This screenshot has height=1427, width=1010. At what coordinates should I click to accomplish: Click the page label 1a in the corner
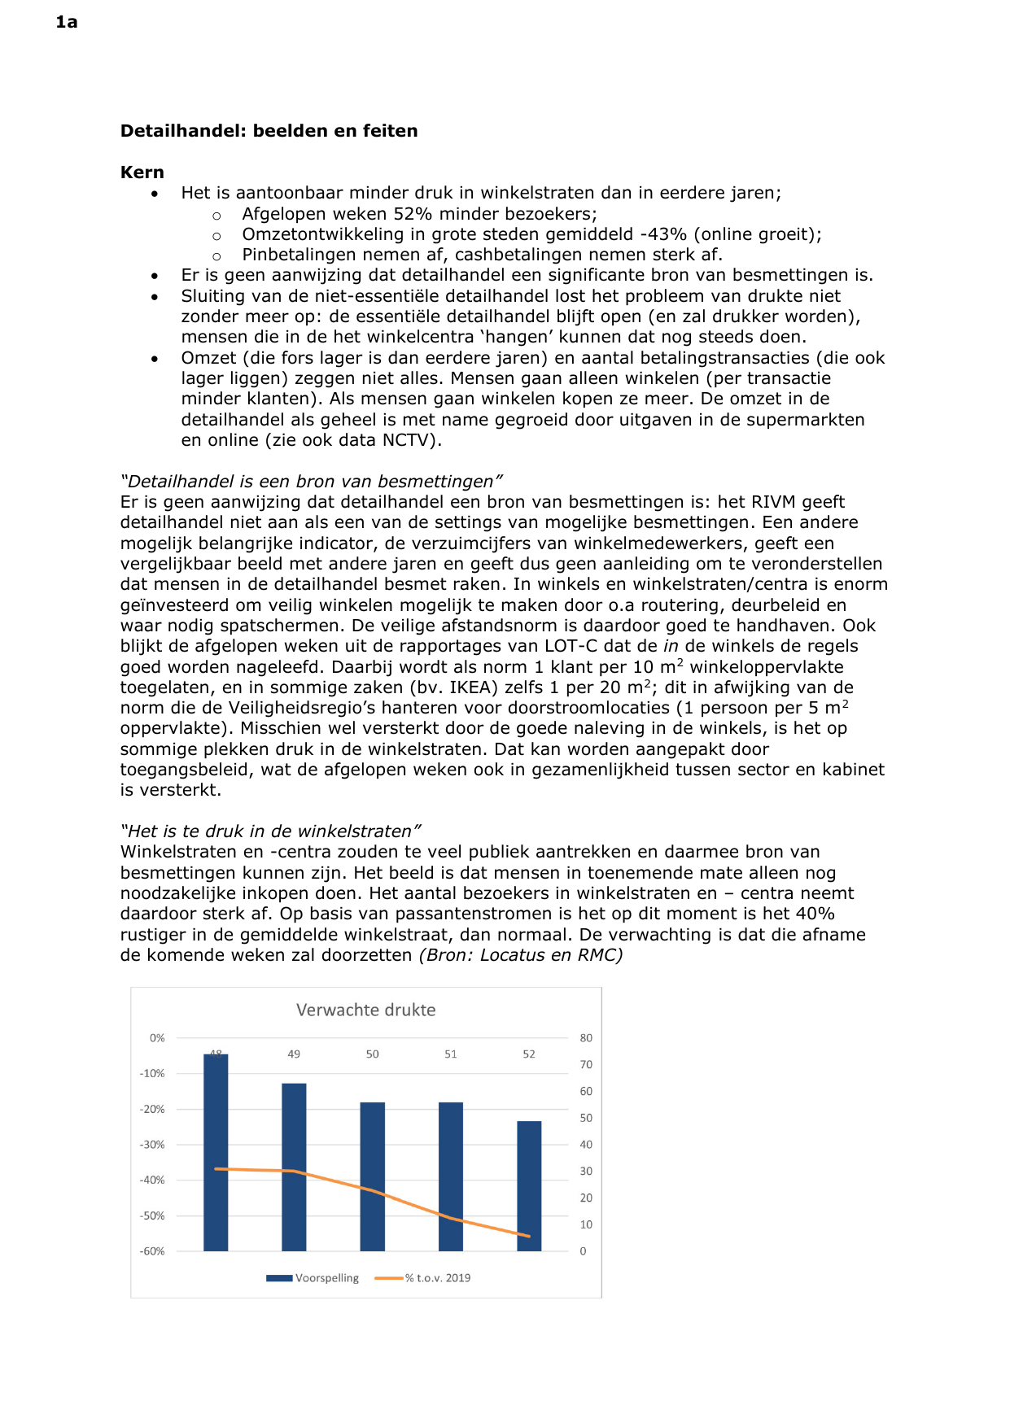(x=67, y=22)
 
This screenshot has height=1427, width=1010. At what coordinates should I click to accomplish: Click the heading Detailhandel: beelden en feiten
(x=269, y=131)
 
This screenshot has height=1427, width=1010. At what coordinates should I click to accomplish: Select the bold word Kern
(x=142, y=172)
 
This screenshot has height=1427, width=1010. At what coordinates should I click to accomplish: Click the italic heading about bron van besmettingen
(x=311, y=482)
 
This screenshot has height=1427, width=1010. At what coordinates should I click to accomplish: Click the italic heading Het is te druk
(x=270, y=831)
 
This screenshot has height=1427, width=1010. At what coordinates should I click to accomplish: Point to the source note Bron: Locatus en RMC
(x=521, y=955)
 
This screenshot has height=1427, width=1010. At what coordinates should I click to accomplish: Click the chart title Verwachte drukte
(x=365, y=1010)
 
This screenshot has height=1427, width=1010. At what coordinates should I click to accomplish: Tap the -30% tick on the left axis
(x=152, y=1145)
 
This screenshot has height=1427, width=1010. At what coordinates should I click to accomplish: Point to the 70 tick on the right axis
(x=586, y=1065)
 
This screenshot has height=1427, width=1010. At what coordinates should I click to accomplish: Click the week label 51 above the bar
(x=450, y=1054)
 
